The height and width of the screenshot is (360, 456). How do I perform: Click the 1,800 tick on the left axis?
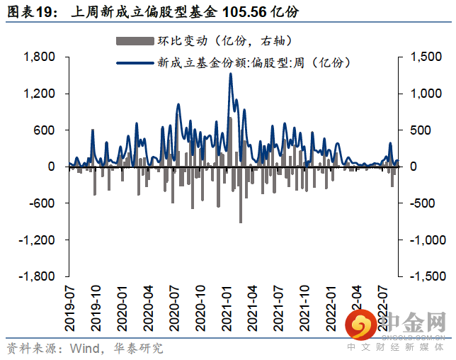click(41, 57)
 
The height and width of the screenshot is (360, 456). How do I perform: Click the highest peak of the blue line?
click(231, 74)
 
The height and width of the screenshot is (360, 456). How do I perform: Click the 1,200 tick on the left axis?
click(41, 94)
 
